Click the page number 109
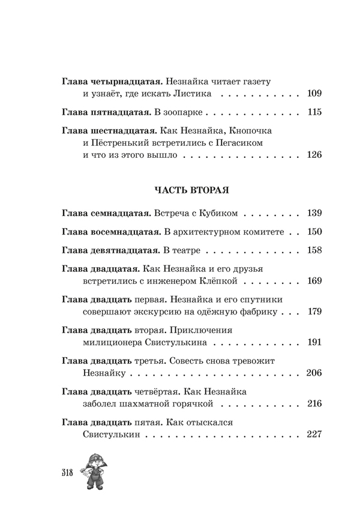tap(314, 94)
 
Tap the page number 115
tap(314, 112)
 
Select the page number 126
tap(314, 155)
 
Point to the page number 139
tap(314, 213)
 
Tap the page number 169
tap(314, 281)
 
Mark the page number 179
tap(314, 312)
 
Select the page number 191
tap(314, 343)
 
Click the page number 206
tap(314, 373)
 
